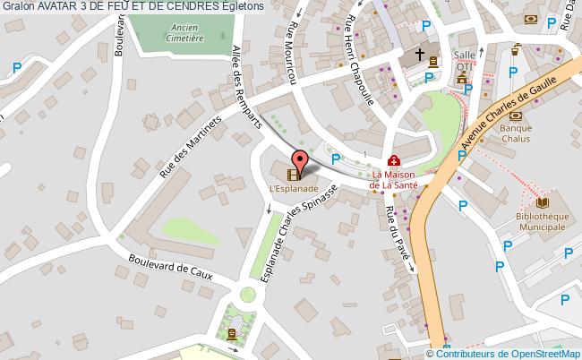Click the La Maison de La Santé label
tap(395, 179)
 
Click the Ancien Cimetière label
tap(186, 33)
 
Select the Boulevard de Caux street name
tap(169, 268)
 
